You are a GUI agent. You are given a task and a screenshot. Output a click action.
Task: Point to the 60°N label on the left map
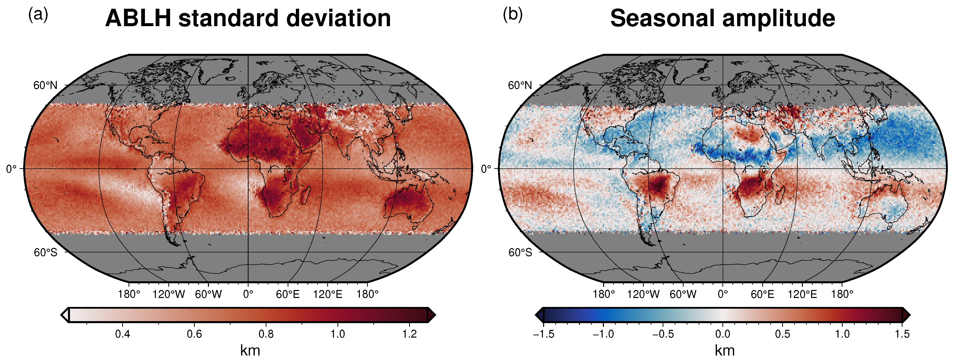click(46, 85)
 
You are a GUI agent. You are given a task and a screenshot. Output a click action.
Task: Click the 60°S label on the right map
click(520, 253)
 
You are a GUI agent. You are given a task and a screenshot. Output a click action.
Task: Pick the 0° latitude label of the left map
click(11, 169)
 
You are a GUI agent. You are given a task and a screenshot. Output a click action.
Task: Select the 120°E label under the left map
click(327, 294)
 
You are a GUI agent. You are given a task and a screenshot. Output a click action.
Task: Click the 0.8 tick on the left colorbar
click(266, 334)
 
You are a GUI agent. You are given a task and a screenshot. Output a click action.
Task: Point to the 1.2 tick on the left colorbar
click(410, 334)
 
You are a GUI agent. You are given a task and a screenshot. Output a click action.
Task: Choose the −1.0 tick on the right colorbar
click(603, 334)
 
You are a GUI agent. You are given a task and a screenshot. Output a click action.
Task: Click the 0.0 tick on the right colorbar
click(723, 334)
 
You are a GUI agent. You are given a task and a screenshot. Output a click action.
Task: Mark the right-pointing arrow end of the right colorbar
click(906, 315)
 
